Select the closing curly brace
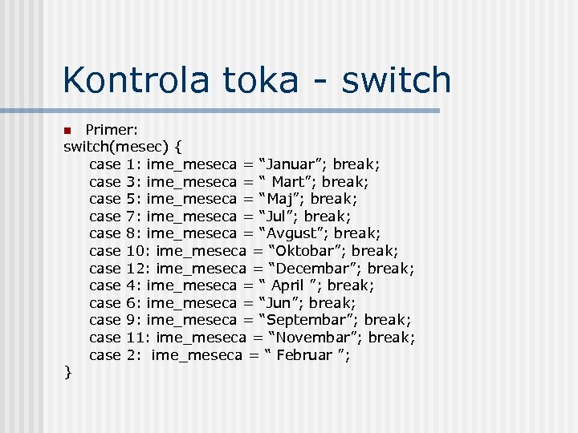click(x=68, y=372)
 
